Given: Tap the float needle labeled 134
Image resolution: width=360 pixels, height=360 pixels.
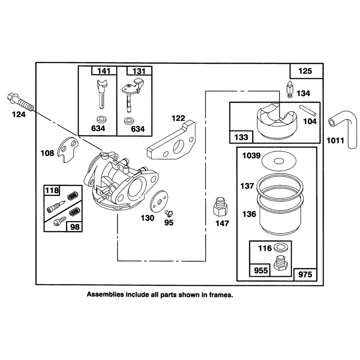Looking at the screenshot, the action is click(x=290, y=90).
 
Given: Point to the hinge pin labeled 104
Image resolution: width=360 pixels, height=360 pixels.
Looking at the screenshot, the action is click(x=308, y=110).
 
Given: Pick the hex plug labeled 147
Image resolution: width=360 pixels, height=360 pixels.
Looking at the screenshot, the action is click(x=220, y=207).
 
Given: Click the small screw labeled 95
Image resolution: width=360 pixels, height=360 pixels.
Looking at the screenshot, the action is click(x=169, y=213).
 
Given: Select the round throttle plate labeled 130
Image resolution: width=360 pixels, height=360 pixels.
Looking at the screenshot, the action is click(x=159, y=201).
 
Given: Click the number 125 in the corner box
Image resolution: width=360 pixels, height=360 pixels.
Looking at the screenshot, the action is click(x=305, y=71).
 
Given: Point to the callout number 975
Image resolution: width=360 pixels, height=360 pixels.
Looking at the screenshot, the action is click(x=305, y=274).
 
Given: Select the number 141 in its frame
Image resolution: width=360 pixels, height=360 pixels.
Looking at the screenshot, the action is click(x=104, y=71).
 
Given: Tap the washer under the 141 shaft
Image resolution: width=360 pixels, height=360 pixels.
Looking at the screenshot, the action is click(x=101, y=119).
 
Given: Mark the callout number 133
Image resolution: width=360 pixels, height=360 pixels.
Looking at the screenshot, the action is click(x=241, y=137).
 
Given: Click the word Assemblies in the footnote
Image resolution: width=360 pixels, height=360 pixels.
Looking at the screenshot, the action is click(x=105, y=295).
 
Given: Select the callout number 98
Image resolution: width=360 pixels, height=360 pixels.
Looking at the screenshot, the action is click(x=75, y=227).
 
